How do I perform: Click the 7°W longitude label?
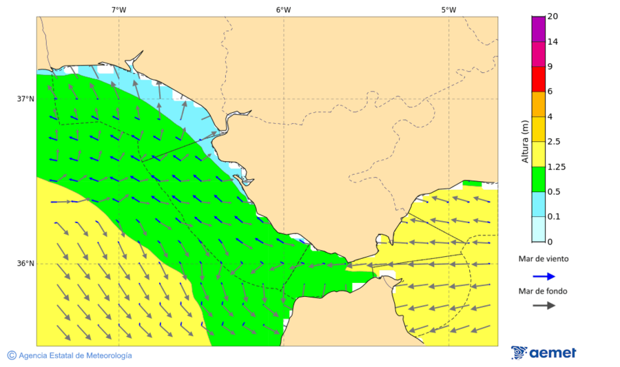(118, 10)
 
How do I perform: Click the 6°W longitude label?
(283, 10)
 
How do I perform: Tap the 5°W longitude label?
(448, 10)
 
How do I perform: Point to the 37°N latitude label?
(25, 98)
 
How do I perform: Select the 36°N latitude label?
(25, 264)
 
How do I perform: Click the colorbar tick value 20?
(552, 17)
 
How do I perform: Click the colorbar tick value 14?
(552, 41)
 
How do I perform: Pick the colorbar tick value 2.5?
(554, 142)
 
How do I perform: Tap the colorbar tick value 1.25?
(555, 167)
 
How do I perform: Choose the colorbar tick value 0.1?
(554, 217)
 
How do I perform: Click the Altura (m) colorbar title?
(525, 142)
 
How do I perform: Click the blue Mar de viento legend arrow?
(544, 276)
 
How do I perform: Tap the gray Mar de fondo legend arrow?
(544, 306)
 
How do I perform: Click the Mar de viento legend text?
(544, 259)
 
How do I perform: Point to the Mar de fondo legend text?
(544, 291)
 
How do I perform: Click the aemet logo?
(544, 353)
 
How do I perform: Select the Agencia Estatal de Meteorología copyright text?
(69, 355)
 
